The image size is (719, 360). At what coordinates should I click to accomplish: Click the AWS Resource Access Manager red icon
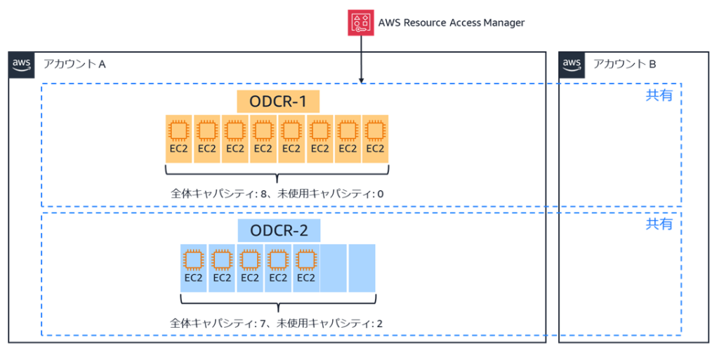361,22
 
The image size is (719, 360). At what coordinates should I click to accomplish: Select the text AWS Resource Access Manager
451,22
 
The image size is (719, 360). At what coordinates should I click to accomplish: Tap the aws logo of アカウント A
22,64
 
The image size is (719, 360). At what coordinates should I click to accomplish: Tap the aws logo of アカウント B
572,64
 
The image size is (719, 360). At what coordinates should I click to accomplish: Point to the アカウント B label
624,65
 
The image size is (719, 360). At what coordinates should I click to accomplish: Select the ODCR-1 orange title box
278,102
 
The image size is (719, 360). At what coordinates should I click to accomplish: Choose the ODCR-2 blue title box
279,230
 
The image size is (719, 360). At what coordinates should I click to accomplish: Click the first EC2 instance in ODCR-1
179,138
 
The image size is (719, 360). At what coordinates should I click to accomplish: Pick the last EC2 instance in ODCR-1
376,138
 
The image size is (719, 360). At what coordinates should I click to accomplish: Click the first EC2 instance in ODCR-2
194,267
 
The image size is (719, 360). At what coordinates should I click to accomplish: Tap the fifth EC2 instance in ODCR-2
306,267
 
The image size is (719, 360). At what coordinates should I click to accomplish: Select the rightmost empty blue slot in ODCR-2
362,267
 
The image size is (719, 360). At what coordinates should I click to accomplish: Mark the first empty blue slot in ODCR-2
334,267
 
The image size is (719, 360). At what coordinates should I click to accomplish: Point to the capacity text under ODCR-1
278,194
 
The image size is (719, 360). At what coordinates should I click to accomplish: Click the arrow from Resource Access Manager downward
361,60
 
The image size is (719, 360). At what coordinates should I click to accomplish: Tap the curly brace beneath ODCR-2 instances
278,305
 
